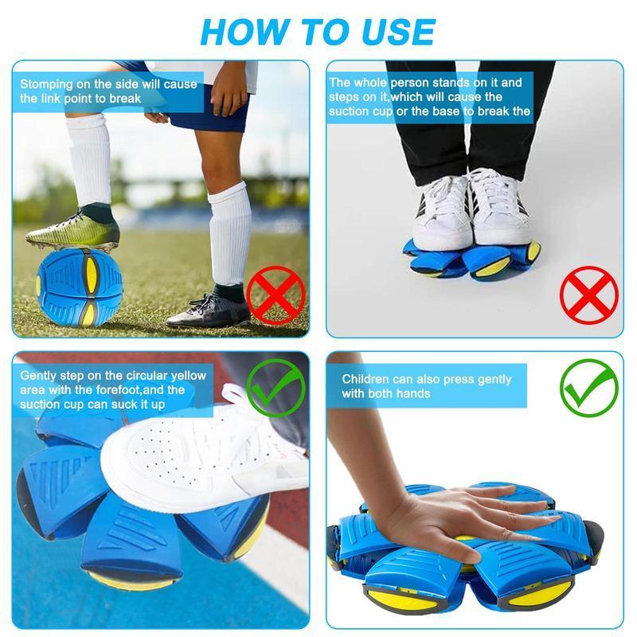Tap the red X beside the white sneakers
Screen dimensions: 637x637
(x=588, y=295)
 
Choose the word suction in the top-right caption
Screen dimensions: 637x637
(x=350, y=111)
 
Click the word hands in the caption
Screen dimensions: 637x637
(x=413, y=394)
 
